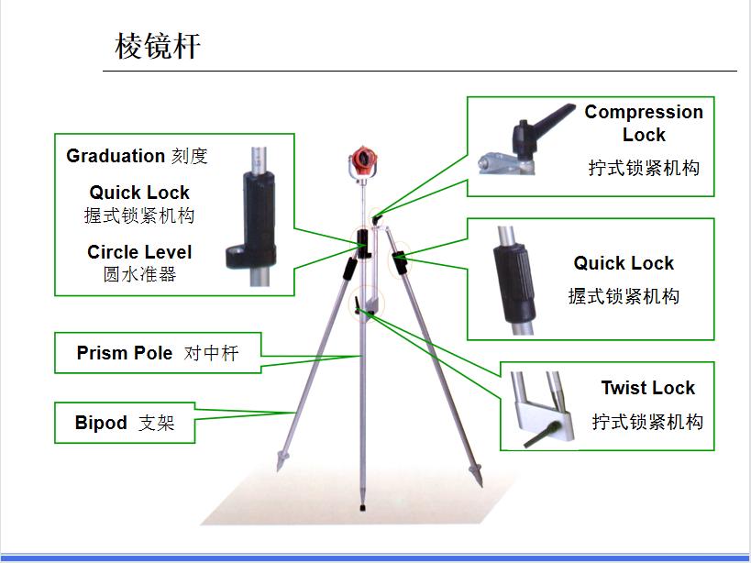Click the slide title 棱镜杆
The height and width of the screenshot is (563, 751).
tap(157, 46)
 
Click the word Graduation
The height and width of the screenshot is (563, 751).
tap(116, 156)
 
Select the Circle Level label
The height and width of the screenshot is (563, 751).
tap(139, 252)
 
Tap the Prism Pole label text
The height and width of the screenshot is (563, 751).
tap(125, 353)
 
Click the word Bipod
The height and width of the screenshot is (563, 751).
tap(101, 423)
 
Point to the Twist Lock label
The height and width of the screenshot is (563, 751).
tap(647, 388)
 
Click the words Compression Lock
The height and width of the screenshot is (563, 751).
tap(644, 123)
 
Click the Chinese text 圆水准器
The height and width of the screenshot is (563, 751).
tap(139, 273)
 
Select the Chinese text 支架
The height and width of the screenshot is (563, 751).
tap(156, 424)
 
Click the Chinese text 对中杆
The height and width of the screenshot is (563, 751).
tap(211, 353)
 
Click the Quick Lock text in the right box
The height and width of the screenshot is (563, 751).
tap(624, 263)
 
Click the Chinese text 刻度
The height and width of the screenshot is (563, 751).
tap(190, 156)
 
